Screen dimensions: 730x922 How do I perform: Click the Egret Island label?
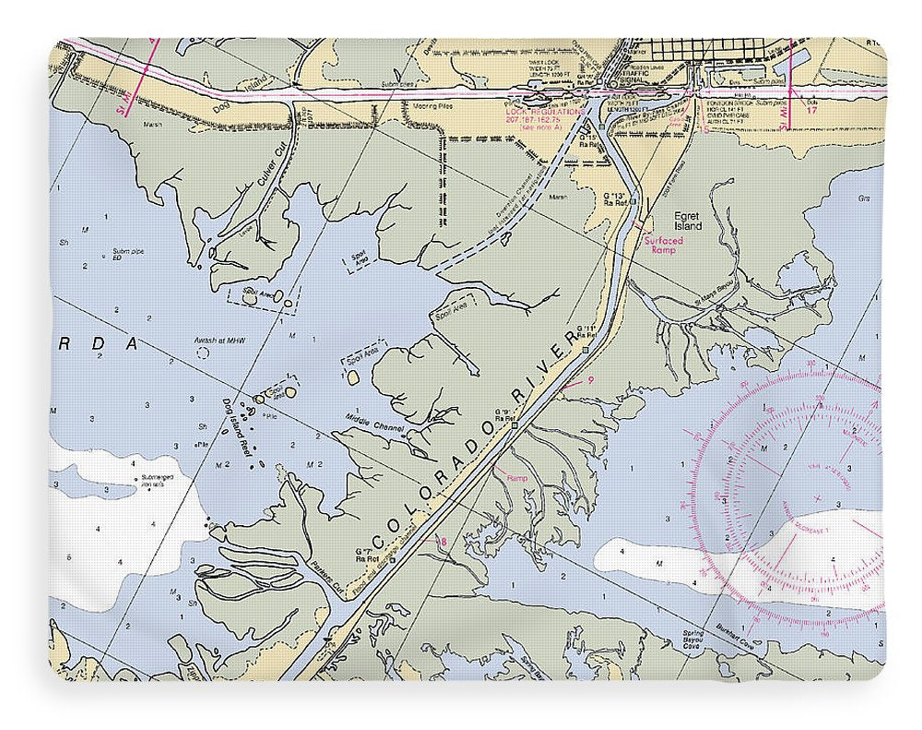tap(687, 221)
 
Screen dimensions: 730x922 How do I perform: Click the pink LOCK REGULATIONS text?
tap(545, 112)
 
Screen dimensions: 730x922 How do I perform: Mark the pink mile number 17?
tap(811, 110)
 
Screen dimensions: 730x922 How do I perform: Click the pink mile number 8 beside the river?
tap(443, 542)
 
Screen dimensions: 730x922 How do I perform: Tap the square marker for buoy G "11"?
tap(585, 350)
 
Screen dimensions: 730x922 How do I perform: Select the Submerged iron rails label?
tap(150, 481)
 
